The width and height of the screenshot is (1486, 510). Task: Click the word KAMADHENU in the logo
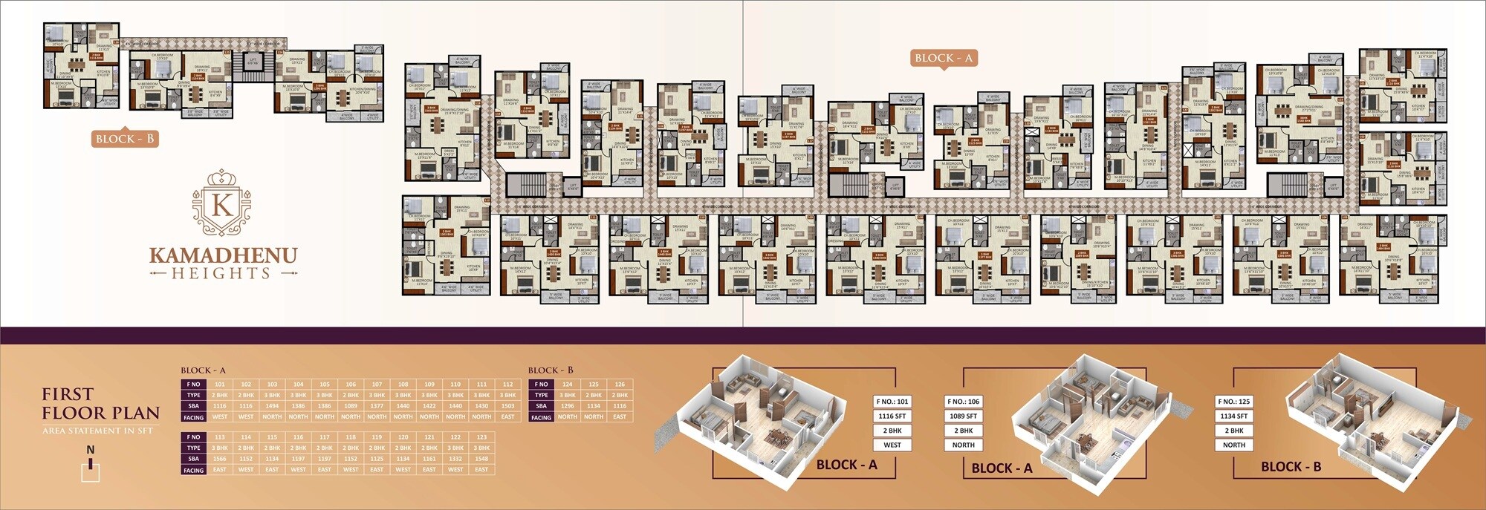coord(223,255)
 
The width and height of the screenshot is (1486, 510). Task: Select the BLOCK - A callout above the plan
coord(943,58)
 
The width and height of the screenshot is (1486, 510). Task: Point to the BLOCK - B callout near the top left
coord(125,139)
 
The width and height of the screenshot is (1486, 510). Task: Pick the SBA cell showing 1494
coord(272,406)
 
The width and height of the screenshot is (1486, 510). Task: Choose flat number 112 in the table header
coord(507,385)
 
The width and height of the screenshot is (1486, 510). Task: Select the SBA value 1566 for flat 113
coord(220,459)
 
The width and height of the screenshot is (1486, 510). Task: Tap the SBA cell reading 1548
coord(481,459)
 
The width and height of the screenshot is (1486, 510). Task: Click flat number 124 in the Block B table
coord(568,385)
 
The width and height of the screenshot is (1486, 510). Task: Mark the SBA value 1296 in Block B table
coord(568,406)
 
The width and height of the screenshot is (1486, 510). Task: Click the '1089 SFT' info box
coord(963,416)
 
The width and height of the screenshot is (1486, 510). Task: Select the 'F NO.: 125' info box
coord(1233,402)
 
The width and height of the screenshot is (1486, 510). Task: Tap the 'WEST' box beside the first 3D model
coord(892,445)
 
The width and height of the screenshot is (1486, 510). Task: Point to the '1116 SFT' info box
coord(892,416)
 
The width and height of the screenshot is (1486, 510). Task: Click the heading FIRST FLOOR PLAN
coord(100,403)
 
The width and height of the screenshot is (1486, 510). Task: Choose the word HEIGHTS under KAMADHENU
coord(222,274)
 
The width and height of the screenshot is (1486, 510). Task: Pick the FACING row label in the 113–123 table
coord(193,470)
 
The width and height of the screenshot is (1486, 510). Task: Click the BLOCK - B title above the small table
coord(551,370)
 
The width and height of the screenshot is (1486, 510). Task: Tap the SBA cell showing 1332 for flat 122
coord(455,459)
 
